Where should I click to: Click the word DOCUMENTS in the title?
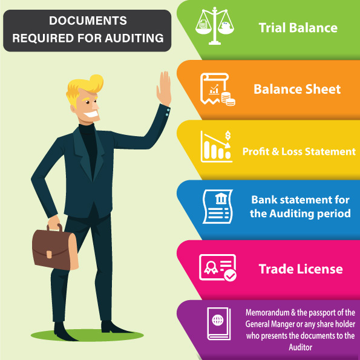coord(88,21)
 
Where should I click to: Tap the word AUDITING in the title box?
coord(134,38)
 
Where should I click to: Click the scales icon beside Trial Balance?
coord(215,25)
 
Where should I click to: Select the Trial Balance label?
coord(298,28)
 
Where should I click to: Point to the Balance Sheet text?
coord(297,89)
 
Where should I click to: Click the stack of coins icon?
coord(228,99)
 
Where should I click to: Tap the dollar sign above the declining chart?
coord(227,136)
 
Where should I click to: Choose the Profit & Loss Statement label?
coord(299,151)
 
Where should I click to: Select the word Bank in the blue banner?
coord(264,200)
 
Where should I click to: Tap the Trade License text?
coord(301,269)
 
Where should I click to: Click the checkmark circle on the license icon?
coord(230,275)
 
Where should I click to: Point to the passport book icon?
coord(219,324)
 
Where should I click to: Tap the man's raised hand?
coord(164,88)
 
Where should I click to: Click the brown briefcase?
coord(55,249)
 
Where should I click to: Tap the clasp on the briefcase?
coord(49,254)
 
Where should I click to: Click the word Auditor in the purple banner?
coord(300,347)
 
